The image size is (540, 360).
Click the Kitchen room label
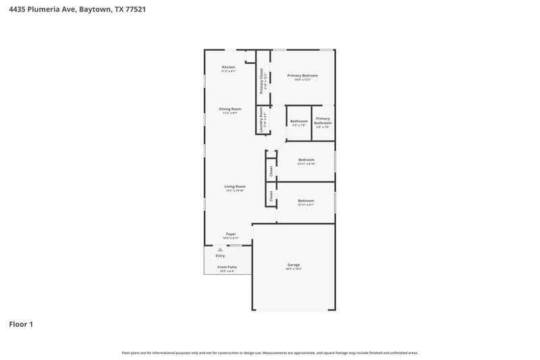pyautogui.click(x=229, y=67)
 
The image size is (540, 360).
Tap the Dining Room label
pyautogui.click(x=230, y=109)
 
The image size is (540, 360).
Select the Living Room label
pyautogui.click(x=235, y=186)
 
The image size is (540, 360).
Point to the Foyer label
pyautogui.click(x=230, y=234)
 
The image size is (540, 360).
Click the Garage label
pyautogui.click(x=293, y=264)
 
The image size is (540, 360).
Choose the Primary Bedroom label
pyautogui.click(x=302, y=75)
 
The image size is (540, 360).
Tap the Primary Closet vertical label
pyautogui.click(x=261, y=82)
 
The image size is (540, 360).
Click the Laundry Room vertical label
pyautogui.click(x=261, y=121)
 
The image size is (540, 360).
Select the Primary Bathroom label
pyautogui.click(x=323, y=120)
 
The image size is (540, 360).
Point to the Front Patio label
pyautogui.click(x=227, y=267)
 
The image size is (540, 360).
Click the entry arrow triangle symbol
pyautogui.click(x=220, y=250)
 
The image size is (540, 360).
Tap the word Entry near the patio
pyautogui.click(x=220, y=256)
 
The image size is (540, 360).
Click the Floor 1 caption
pyautogui.click(x=21, y=324)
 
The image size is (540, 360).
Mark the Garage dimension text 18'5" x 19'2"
pyautogui.click(x=293, y=269)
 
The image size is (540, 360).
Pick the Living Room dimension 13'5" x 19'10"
pyautogui.click(x=235, y=191)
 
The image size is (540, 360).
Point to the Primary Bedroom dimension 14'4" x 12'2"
pyautogui.click(x=302, y=80)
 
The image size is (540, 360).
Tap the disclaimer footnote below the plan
pyautogui.click(x=269, y=353)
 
